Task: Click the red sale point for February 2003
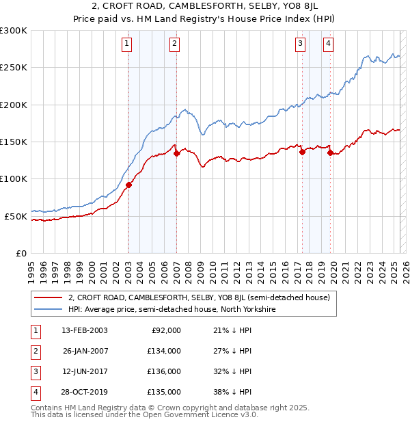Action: pyautogui.click(x=128, y=184)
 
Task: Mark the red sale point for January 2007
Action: pyautogui.click(x=176, y=153)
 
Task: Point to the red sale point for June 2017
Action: pyautogui.click(x=301, y=152)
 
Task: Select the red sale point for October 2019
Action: pyautogui.click(x=330, y=153)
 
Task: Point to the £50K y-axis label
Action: pyautogui.click(x=16, y=216)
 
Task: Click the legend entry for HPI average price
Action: pyautogui.click(x=171, y=309)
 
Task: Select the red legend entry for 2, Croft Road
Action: pyautogui.click(x=199, y=297)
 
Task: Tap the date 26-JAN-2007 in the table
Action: pyautogui.click(x=85, y=350)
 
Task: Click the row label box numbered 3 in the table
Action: pyautogui.click(x=33, y=371)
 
